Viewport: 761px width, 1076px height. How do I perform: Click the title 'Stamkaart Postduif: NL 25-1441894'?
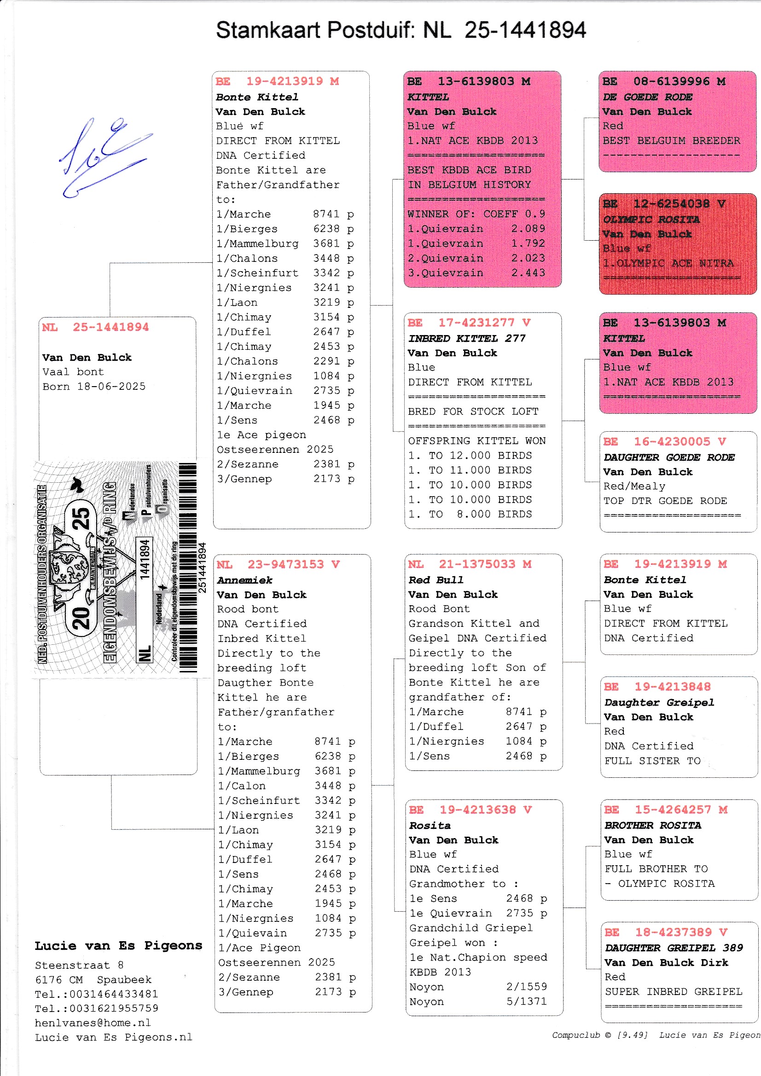(401, 30)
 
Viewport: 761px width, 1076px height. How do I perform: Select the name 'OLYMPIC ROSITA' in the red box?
(651, 220)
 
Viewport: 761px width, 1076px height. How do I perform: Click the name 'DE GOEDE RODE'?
(647, 97)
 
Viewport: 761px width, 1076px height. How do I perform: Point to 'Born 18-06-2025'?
(94, 387)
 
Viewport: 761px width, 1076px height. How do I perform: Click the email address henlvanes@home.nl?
(93, 1023)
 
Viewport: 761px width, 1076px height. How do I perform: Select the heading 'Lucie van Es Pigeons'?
(118, 945)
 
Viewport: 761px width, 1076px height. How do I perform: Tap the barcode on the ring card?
(187, 567)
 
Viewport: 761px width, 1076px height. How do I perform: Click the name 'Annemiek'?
(244, 580)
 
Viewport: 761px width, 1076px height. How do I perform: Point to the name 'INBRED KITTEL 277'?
(466, 338)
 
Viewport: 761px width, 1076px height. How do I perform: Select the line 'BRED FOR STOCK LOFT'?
(473, 411)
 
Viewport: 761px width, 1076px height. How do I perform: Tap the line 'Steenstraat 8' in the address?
(79, 965)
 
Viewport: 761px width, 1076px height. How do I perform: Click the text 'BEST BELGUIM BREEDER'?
(671, 140)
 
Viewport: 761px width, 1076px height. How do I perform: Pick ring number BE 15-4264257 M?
(665, 810)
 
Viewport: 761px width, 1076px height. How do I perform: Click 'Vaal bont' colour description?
(73, 372)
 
